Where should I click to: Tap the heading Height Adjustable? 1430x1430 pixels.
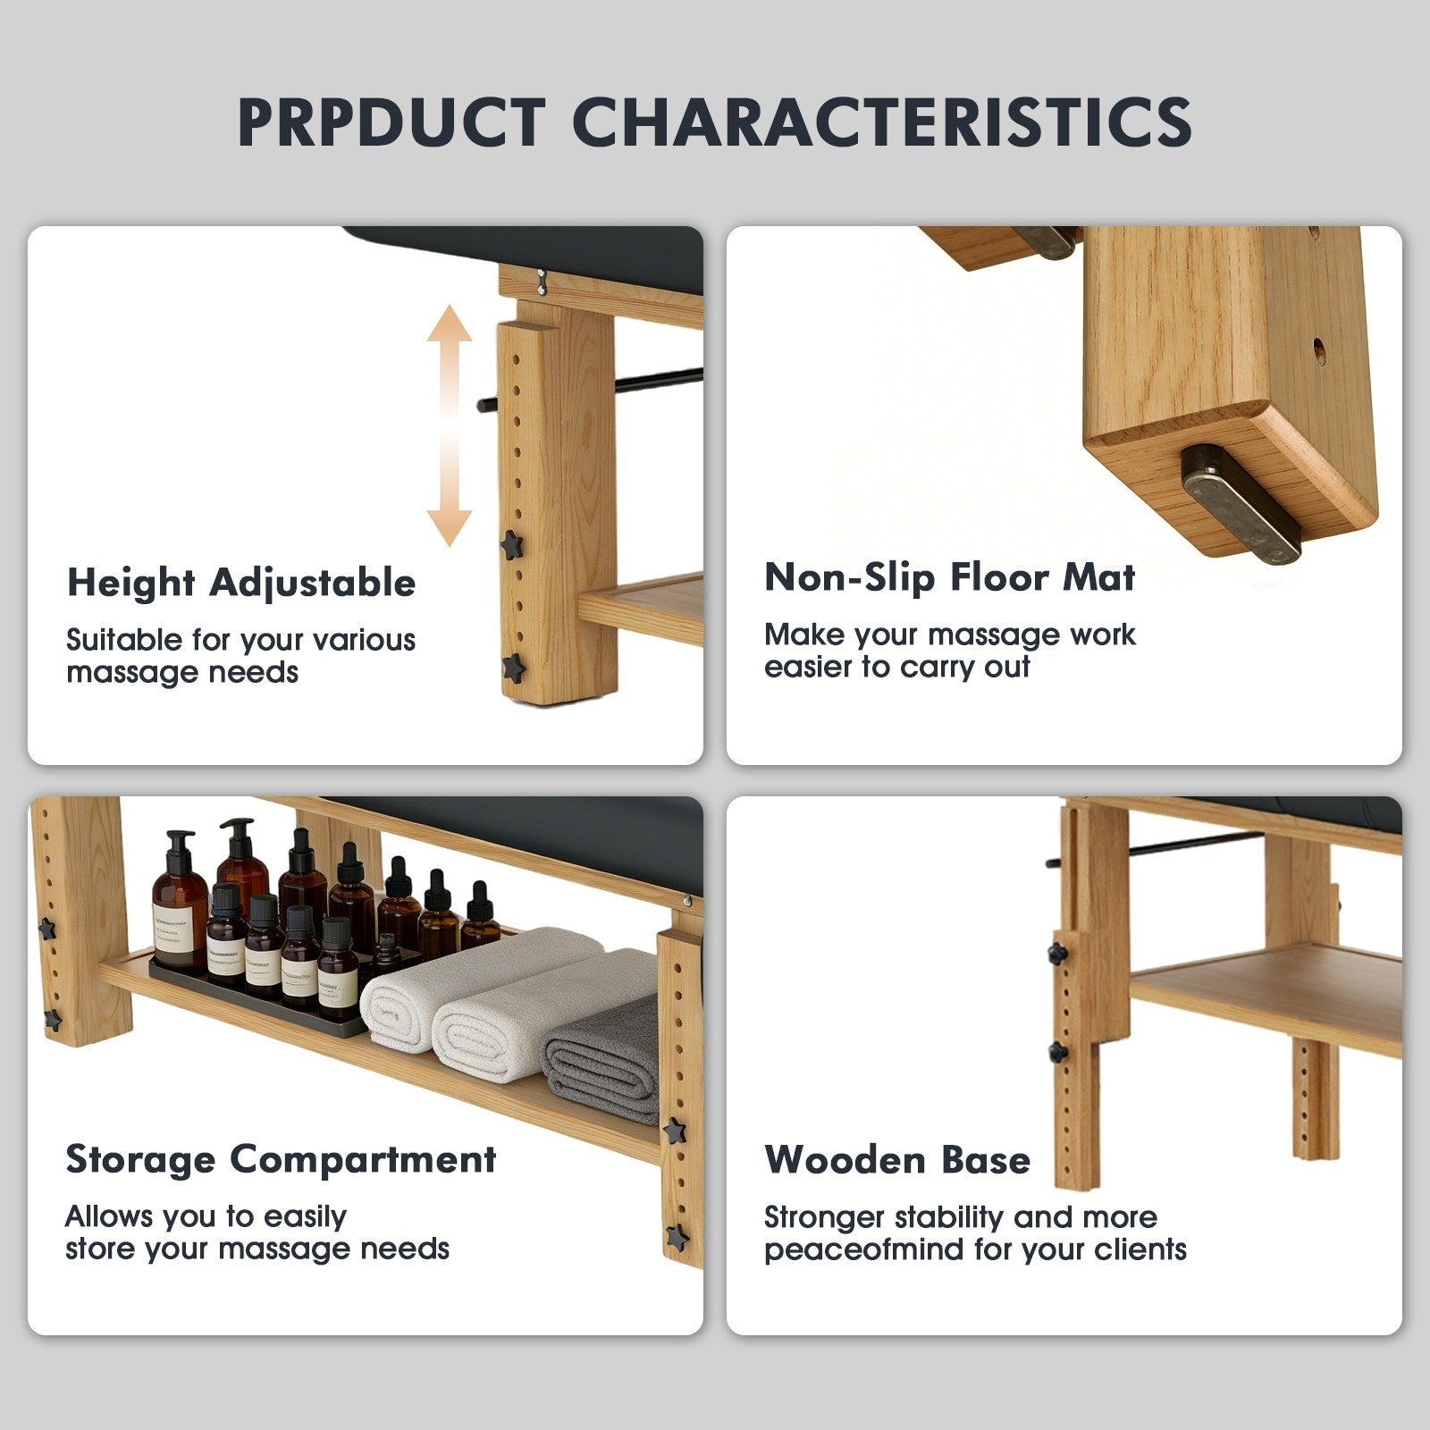pyautogui.click(x=241, y=584)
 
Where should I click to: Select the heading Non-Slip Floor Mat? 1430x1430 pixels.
pyautogui.click(x=949, y=577)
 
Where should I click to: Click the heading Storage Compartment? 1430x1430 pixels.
pyautogui.click(x=281, y=1160)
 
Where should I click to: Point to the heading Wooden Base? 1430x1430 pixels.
pyautogui.click(x=897, y=1160)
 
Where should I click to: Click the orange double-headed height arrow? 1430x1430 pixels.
pyautogui.click(x=449, y=426)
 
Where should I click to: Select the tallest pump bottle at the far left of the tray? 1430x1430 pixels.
pyautogui.click(x=180, y=903)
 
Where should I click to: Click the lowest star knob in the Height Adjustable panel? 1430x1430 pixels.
pyautogui.click(x=512, y=667)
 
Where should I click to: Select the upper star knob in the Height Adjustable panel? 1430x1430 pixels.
pyautogui.click(x=511, y=544)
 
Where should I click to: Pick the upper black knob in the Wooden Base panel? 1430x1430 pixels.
pyautogui.click(x=1059, y=953)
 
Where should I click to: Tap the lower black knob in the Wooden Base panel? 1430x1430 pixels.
pyautogui.click(x=1058, y=1052)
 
